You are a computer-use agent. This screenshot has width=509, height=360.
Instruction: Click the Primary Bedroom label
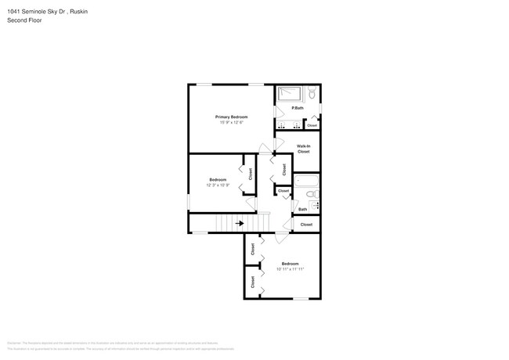tap(231, 117)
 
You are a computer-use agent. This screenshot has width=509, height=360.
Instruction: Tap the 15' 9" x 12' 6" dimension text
tap(231, 122)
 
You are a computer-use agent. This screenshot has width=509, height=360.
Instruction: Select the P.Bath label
tap(297, 108)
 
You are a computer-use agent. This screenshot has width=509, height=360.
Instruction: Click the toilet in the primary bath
tap(311, 95)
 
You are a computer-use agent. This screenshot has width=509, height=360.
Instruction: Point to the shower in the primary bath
tap(289, 95)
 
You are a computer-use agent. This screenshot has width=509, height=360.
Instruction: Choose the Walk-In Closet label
tap(303, 148)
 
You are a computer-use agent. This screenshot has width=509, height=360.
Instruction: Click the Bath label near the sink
tap(302, 209)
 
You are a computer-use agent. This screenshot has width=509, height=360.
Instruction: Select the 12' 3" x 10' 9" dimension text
tap(218, 185)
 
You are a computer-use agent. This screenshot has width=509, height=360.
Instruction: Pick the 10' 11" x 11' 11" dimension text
tap(290, 269)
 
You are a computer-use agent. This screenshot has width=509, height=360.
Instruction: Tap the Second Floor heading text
tap(24, 20)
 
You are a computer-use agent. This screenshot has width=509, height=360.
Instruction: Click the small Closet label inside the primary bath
tap(312, 125)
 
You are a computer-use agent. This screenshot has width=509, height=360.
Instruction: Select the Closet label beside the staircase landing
tap(305, 225)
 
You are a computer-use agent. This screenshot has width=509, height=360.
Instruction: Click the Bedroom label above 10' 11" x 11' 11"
tap(290, 264)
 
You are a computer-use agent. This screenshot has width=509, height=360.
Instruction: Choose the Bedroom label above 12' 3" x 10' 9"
tap(218, 180)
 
